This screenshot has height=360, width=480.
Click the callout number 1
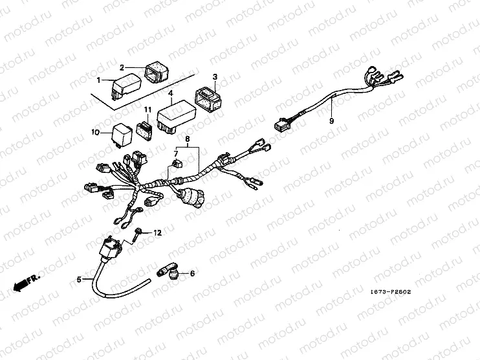[99, 80]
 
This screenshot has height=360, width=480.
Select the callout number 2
[121, 67]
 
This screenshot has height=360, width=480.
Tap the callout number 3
[215, 76]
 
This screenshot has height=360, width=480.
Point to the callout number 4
[170, 93]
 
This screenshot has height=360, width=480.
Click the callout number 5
[79, 280]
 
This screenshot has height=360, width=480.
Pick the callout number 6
[191, 275]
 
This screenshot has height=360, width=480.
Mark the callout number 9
[332, 121]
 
